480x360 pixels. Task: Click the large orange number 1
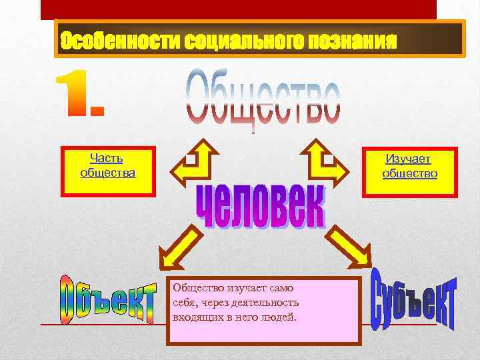(x=79, y=97)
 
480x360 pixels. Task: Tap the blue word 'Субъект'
(x=413, y=297)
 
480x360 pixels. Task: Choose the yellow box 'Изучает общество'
(x=409, y=172)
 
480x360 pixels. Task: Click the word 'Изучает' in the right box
(x=409, y=159)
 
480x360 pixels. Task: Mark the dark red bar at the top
(x=239, y=9)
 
